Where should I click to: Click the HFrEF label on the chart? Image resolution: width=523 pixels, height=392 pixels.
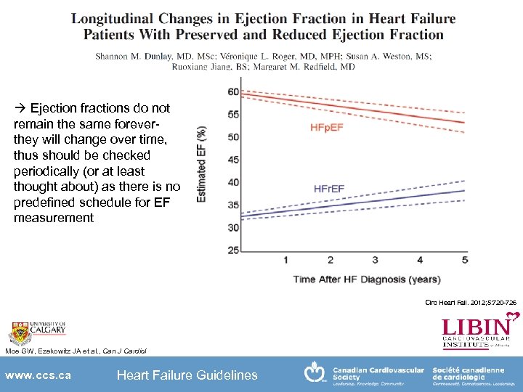coord(329,189)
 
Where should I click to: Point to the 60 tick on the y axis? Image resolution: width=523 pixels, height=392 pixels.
coord(233,91)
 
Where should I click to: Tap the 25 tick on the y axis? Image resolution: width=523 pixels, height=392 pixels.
coord(233,250)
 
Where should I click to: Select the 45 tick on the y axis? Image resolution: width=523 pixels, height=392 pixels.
coord(233,160)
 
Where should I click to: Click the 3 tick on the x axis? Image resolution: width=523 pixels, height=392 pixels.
coord(375,260)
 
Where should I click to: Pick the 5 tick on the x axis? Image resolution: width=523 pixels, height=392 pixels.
coord(465,260)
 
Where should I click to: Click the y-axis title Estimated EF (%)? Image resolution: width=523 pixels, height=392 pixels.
coord(201,163)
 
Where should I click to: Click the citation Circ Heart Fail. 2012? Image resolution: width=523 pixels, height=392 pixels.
coord(471,302)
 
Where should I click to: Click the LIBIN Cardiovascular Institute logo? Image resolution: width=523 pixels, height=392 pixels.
coord(480,331)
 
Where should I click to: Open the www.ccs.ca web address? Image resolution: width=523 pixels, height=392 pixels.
coord(38,375)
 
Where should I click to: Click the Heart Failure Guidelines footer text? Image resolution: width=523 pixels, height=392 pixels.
coord(187,375)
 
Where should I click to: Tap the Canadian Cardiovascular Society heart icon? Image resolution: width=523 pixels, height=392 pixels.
coord(315,372)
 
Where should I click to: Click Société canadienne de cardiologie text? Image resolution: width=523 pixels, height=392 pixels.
coord(468,374)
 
